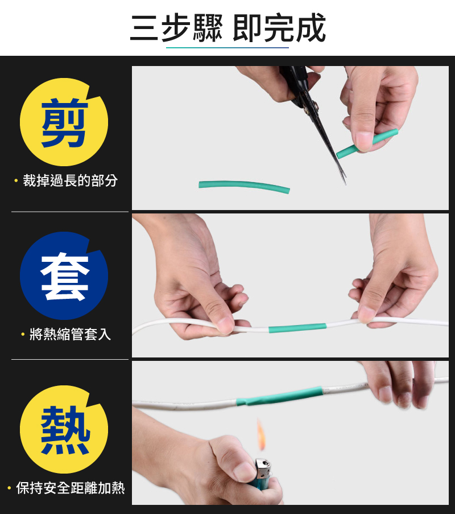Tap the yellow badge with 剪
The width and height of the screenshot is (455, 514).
coord(64,122)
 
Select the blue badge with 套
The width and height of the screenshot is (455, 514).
coord(64,275)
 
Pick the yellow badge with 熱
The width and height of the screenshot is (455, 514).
coord(64,429)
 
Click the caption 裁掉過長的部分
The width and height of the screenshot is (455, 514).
coord(70,181)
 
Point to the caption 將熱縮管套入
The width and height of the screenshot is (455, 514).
coord(70,334)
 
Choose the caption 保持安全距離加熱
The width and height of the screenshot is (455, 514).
coord(70,488)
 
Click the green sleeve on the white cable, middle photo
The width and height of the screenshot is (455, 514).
coord(297,328)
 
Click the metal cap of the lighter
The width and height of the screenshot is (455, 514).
coord(263,468)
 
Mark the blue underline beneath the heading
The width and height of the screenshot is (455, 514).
coord(227,48)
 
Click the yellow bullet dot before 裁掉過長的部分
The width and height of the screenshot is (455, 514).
coord(16,181)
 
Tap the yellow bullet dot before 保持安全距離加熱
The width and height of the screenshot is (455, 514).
coord(10,488)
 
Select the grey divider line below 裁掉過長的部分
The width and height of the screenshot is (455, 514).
coord(70,212)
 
